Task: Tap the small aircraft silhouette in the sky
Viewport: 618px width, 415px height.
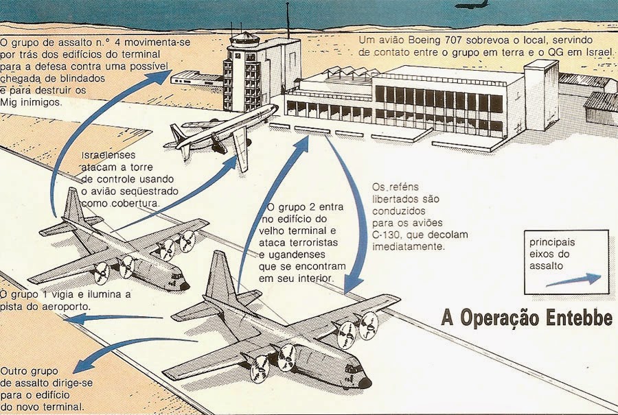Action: pyautogui.click(x=472, y=5)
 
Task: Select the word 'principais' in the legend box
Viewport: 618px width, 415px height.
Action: pyautogui.click(x=552, y=243)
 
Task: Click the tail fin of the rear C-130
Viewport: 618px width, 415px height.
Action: pyautogui.click(x=73, y=206)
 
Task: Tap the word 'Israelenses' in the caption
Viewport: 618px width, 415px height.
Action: pyautogui.click(x=109, y=154)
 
